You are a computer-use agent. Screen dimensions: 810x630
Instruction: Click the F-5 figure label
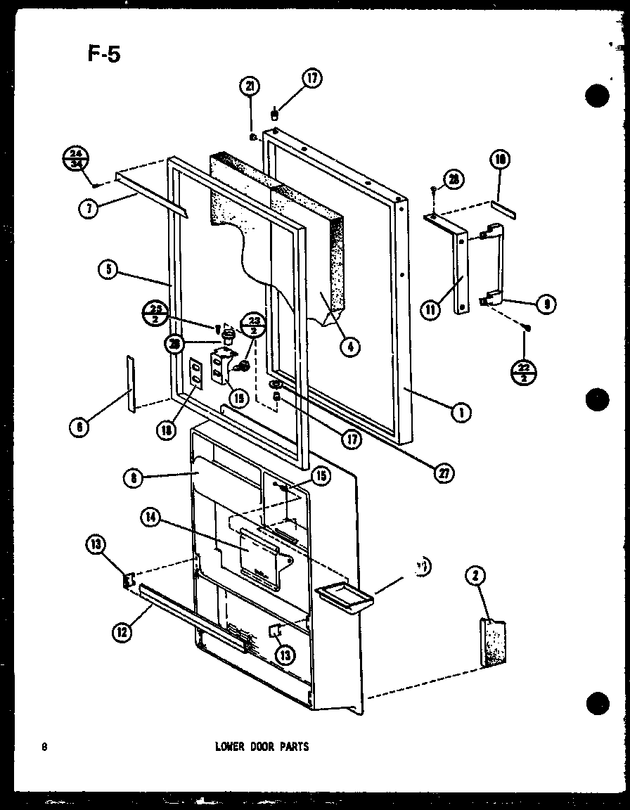pos(104,54)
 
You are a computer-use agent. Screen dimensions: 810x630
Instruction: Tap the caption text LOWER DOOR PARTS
pos(262,747)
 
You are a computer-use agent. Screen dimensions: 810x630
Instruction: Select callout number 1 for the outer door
pos(461,413)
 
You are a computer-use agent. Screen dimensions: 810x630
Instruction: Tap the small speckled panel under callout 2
pos(496,642)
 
